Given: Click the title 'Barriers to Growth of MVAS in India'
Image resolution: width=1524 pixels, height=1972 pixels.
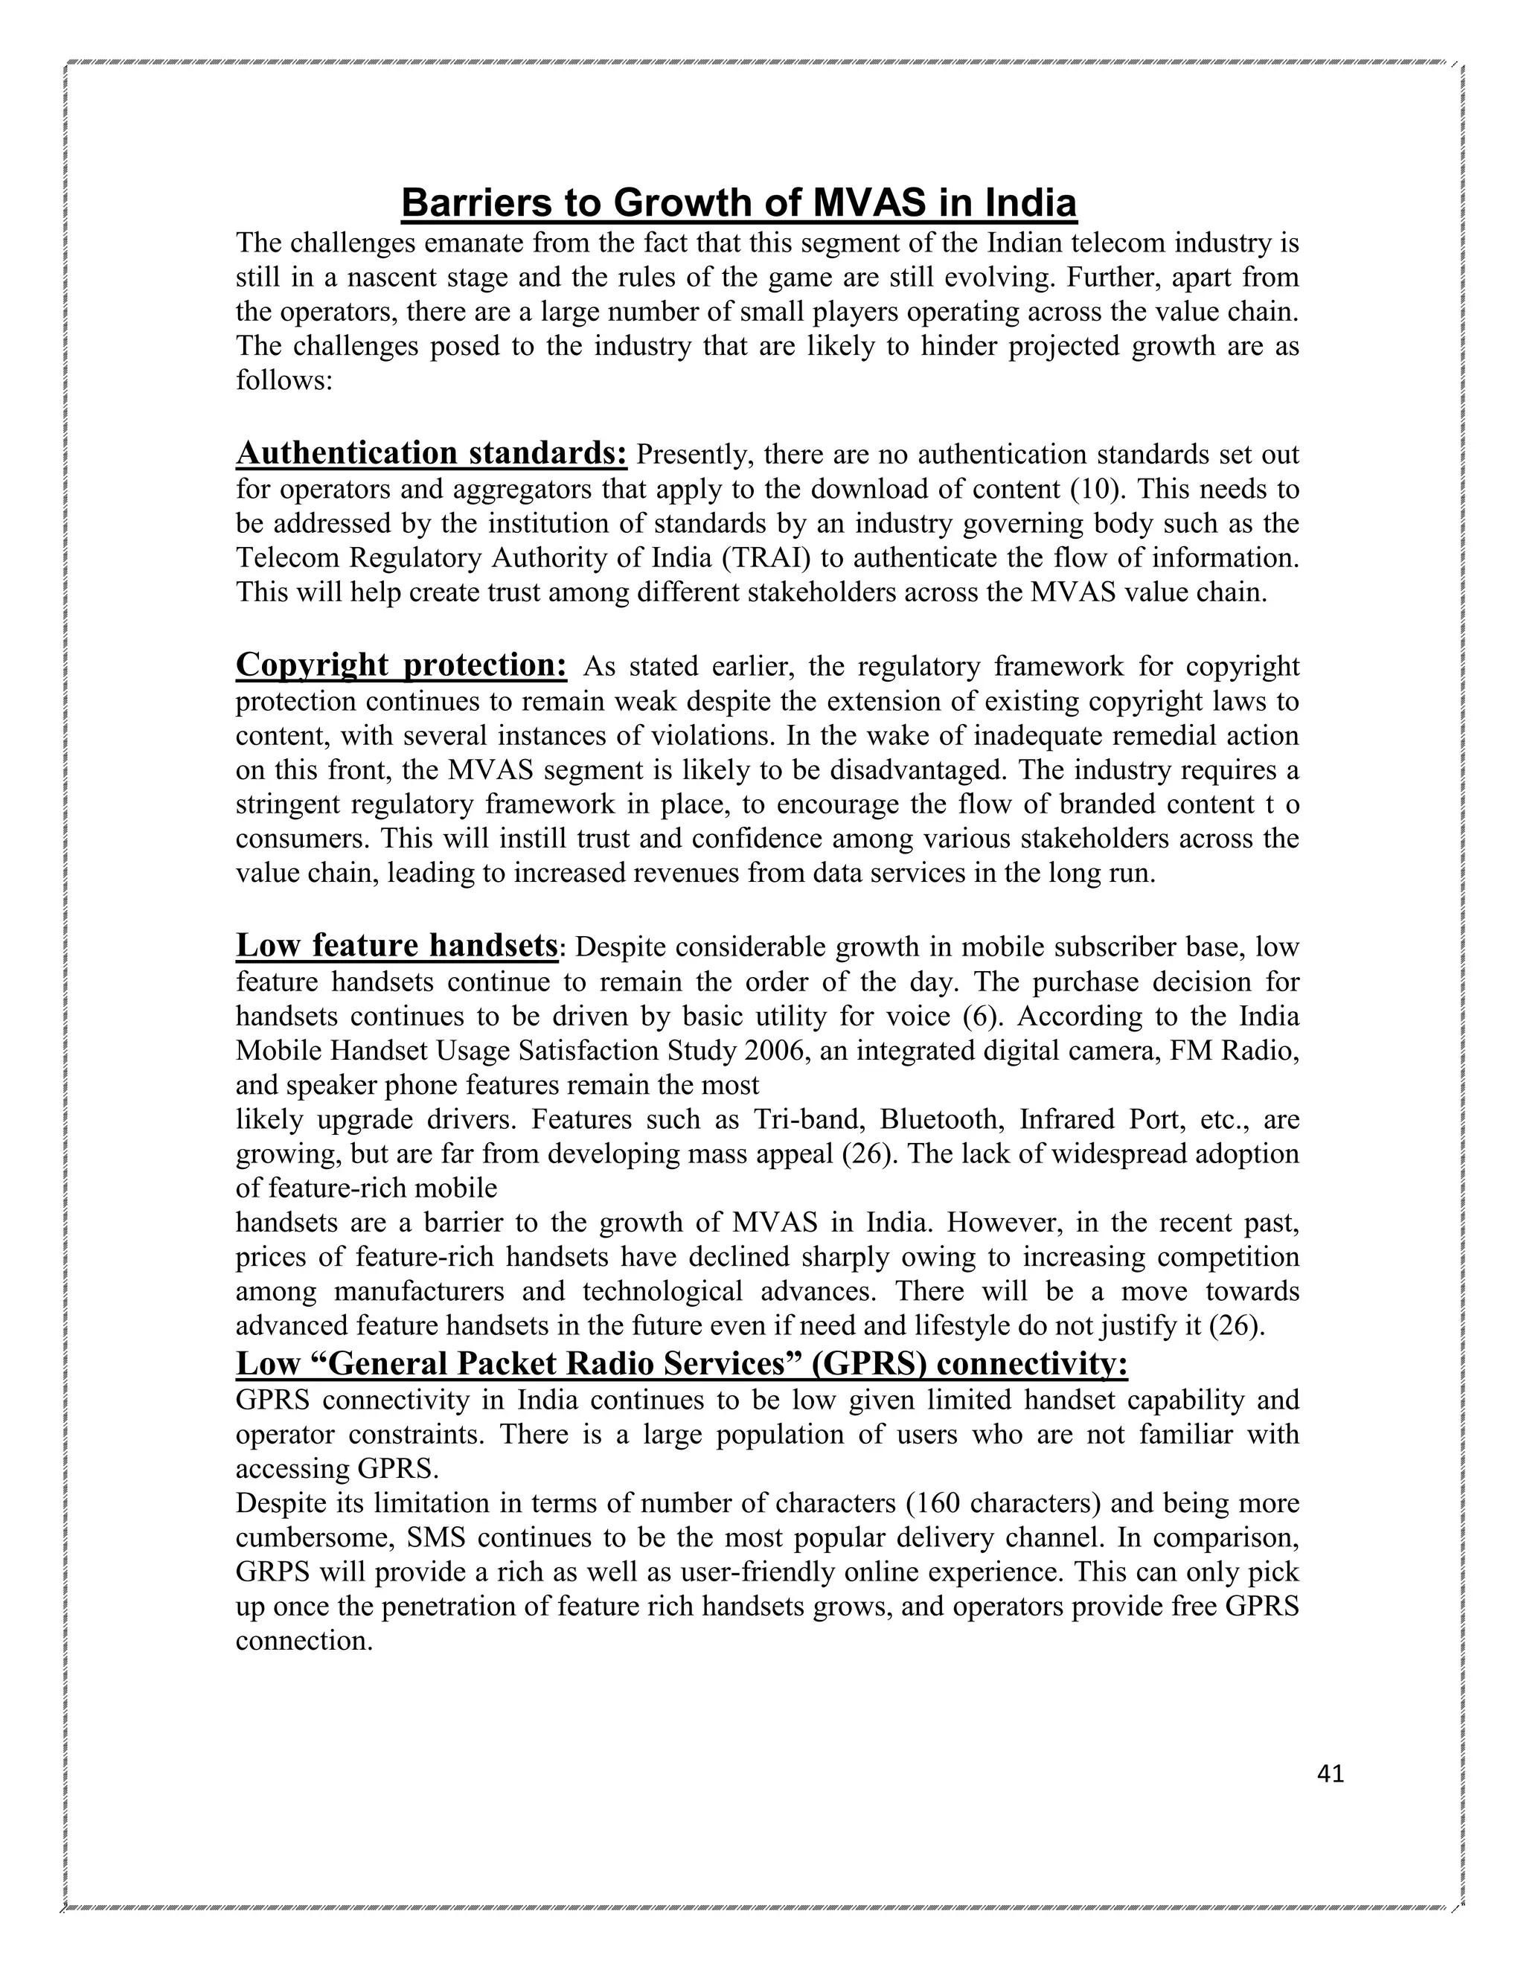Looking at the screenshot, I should point(738,203).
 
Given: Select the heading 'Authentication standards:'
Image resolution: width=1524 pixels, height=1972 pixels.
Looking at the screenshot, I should point(431,453).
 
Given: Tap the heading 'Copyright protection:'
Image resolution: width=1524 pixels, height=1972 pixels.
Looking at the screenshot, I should point(401,665).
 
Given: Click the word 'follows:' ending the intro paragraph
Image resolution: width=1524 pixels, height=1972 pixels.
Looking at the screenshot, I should point(284,380).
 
